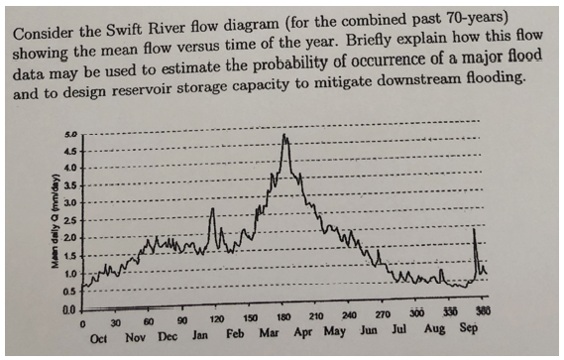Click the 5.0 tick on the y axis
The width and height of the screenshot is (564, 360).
(x=70, y=131)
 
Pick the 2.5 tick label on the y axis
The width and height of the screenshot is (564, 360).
(x=69, y=219)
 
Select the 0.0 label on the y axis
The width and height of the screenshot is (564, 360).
(x=68, y=310)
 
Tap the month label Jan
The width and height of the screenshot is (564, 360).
(x=200, y=337)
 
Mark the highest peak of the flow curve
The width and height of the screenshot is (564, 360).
(x=285, y=136)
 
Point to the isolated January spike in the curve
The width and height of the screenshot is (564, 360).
(x=211, y=210)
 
